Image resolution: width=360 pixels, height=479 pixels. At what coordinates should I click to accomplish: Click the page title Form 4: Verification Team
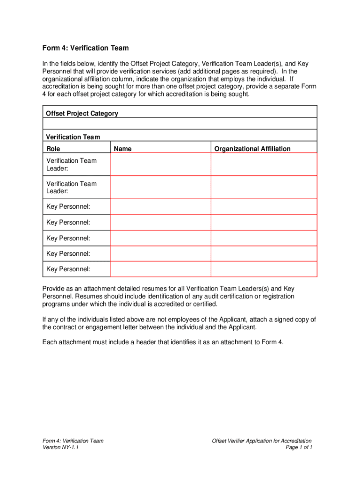[86, 48]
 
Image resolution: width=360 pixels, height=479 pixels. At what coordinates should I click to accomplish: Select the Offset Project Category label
[82, 113]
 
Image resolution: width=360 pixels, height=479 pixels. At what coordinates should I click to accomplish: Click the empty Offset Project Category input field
[180, 123]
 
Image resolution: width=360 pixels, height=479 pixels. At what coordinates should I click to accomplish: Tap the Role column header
[53, 149]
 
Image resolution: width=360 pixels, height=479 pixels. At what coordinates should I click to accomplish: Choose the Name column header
[123, 149]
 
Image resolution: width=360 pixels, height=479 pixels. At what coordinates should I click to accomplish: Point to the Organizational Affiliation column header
[252, 149]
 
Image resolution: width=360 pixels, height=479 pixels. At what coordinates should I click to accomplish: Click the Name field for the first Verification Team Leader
[160, 164]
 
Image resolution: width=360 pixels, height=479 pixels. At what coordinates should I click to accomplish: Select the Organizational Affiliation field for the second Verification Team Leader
[264, 187]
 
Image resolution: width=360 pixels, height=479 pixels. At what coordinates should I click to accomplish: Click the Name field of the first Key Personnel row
[160, 207]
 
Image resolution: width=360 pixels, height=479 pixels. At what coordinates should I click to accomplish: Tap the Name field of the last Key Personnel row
[160, 269]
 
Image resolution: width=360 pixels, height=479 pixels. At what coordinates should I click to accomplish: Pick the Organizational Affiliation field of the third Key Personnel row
[264, 238]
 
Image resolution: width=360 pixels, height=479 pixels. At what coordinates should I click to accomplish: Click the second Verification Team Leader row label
[72, 187]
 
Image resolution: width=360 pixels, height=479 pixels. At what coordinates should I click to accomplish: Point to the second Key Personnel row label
[68, 222]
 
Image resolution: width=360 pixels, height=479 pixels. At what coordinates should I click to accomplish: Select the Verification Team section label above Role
[73, 137]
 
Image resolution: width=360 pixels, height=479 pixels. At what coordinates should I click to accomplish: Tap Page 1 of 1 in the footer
[299, 448]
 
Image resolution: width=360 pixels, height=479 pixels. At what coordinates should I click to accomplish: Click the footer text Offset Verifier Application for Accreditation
[261, 441]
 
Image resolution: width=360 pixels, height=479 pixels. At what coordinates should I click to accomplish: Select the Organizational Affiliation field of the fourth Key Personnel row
[264, 254]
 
